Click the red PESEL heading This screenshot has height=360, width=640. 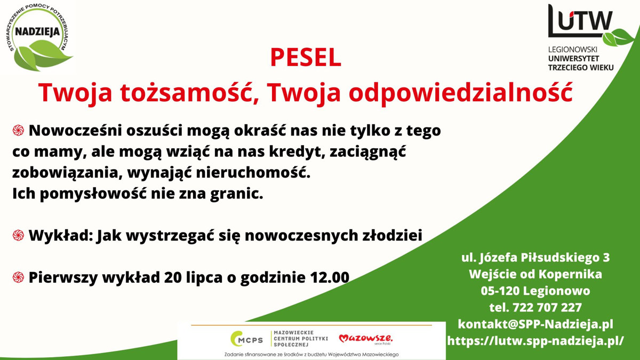tap(305, 58)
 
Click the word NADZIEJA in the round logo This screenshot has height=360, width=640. tap(37, 31)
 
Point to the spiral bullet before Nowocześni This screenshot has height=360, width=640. tap(19, 130)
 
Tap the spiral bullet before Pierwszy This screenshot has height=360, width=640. tap(19, 277)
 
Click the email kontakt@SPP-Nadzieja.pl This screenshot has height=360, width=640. tap(535, 324)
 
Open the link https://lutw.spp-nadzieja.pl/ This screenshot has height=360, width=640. tap(535, 340)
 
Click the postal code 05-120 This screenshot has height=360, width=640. tap(499, 291)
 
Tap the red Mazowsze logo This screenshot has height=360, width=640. tap(365, 339)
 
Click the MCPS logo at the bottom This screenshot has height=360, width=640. tap(246, 339)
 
